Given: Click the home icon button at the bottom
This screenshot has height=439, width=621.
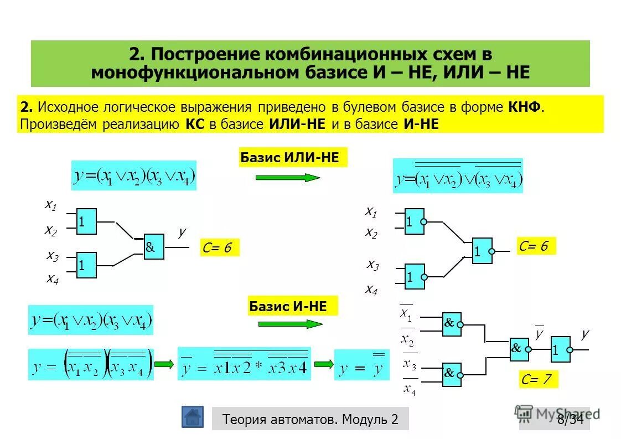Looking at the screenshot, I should tap(192, 417).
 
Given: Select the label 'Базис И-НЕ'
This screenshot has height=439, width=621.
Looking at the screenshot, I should tap(288, 306).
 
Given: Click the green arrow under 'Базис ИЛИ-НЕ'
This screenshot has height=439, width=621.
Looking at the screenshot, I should tap(288, 178).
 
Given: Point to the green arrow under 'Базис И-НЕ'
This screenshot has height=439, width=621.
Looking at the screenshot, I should tap(290, 324).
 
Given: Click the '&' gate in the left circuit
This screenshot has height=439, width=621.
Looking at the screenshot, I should tap(153, 247).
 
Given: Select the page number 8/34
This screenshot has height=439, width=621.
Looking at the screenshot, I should tap(570, 419).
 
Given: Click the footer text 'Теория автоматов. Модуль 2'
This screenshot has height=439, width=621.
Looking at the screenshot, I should tap(310, 419).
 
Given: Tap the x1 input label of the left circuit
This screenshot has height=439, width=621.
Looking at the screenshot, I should tap(51, 205).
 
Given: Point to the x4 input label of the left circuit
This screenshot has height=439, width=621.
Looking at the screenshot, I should tap(53, 278).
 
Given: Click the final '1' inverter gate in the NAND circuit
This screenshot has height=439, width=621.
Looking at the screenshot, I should tap(560, 349).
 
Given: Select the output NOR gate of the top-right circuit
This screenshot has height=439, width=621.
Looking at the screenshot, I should tap(482, 251).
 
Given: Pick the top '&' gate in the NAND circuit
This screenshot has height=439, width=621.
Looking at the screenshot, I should tap(452, 324).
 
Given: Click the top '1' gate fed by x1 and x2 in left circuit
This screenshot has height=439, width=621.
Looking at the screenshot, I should tap(86, 221).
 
